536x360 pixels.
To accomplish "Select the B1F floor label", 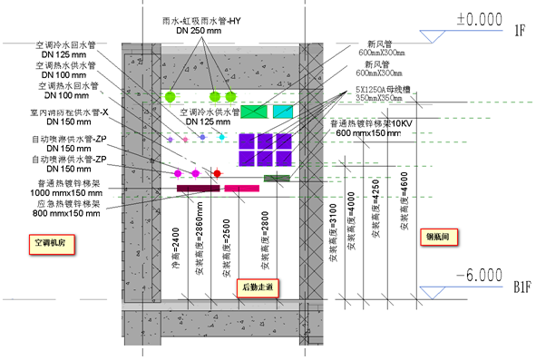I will pos(521,288).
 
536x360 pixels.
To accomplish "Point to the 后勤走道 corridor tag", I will pos(258,287).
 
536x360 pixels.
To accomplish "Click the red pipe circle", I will pos(218,173).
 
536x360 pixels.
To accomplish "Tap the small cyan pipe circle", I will pos(221,136).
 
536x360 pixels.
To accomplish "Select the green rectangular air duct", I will pos(253,112).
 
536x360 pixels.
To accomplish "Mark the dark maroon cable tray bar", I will pos(199,189).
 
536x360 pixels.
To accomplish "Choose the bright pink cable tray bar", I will pos(242,189).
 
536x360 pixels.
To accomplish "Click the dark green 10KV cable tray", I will pos(277,178).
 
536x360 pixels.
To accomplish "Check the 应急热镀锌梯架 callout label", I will pos(68,205).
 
